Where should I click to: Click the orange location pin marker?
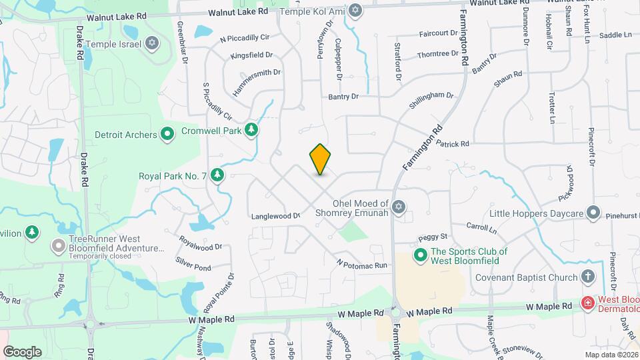point(320,159)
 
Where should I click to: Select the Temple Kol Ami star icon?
point(355,10)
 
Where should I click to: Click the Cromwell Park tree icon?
point(251,129)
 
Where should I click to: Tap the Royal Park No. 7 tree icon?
point(217,175)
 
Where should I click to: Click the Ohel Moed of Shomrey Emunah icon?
point(399,207)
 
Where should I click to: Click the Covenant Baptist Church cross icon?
point(588,276)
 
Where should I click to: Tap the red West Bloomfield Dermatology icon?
point(588,303)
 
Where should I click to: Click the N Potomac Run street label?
point(362,265)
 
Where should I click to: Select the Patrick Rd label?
point(453,143)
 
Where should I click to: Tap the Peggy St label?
point(432,237)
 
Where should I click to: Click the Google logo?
point(22,351)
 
